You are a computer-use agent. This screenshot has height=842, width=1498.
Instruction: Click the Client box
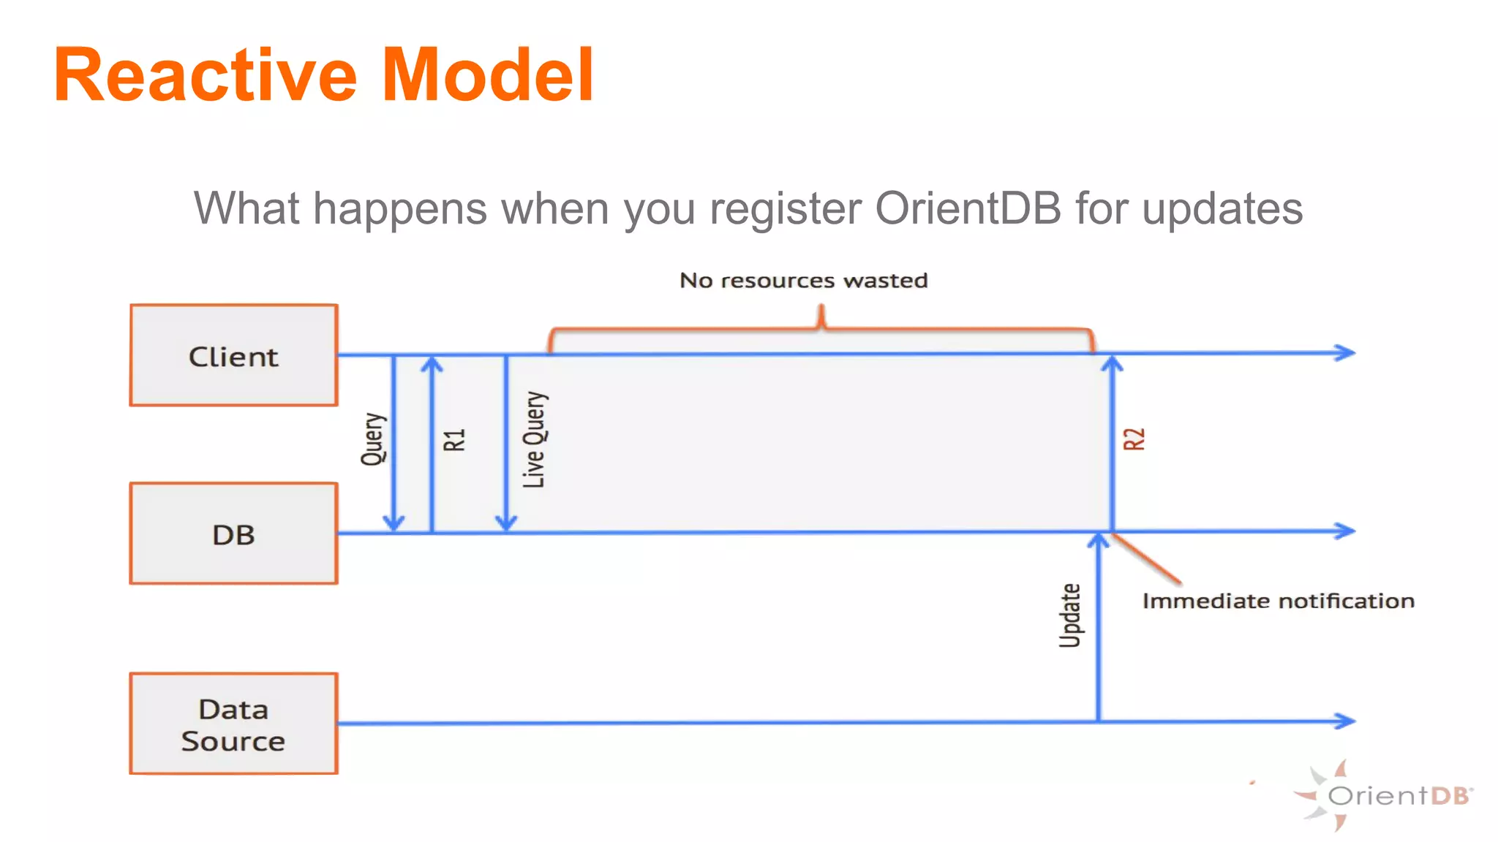pyautogui.click(x=233, y=355)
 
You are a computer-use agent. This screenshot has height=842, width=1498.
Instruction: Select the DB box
pyautogui.click(x=233, y=534)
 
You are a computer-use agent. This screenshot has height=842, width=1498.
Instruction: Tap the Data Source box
pyautogui.click(x=233, y=724)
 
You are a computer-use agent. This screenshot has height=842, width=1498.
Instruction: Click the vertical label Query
pyautogui.click(x=373, y=439)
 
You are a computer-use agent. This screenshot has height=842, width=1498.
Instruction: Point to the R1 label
pyautogui.click(x=454, y=440)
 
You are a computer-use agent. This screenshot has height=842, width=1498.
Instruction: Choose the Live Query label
pyautogui.click(x=535, y=439)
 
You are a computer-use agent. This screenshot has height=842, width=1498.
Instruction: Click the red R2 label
pyautogui.click(x=1134, y=439)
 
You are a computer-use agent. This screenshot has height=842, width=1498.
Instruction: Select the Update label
pyautogui.click(x=1070, y=615)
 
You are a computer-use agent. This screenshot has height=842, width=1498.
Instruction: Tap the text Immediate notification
pyautogui.click(x=1278, y=601)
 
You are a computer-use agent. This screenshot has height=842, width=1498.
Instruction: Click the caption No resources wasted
pyautogui.click(x=803, y=281)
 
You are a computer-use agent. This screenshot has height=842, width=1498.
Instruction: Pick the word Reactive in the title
pyautogui.click(x=206, y=75)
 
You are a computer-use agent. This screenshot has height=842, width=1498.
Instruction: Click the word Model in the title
pyautogui.click(x=488, y=75)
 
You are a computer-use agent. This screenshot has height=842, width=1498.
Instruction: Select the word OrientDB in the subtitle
pyautogui.click(x=968, y=208)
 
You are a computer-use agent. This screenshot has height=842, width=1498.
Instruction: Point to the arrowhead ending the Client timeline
pyautogui.click(x=1346, y=353)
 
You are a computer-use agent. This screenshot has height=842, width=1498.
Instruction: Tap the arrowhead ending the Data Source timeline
pyautogui.click(x=1346, y=721)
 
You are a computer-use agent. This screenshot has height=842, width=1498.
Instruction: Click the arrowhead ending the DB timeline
pyautogui.click(x=1346, y=531)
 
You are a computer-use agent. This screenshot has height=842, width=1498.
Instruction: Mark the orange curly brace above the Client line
pyautogui.click(x=821, y=329)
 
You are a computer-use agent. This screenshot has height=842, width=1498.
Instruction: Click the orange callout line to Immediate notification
pyautogui.click(x=1146, y=559)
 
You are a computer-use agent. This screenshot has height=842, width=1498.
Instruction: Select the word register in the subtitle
pyautogui.click(x=786, y=208)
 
